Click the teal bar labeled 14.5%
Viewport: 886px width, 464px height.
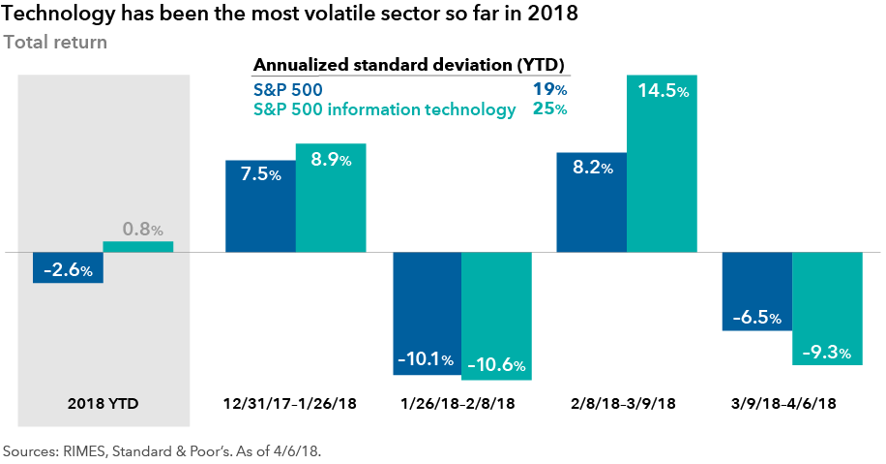(662, 164)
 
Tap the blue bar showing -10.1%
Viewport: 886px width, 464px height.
(427, 313)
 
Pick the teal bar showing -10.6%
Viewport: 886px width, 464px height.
(497, 316)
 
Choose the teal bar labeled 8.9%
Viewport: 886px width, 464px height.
(331, 198)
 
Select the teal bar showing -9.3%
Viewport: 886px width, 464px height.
(827, 308)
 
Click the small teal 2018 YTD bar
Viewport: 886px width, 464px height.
(138, 247)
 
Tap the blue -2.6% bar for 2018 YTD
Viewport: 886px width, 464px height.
(68, 267)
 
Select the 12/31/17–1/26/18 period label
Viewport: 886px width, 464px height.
(290, 402)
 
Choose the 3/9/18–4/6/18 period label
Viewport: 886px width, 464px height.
(792, 402)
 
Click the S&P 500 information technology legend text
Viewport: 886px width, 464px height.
(384, 109)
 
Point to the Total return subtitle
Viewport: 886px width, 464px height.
(55, 43)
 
